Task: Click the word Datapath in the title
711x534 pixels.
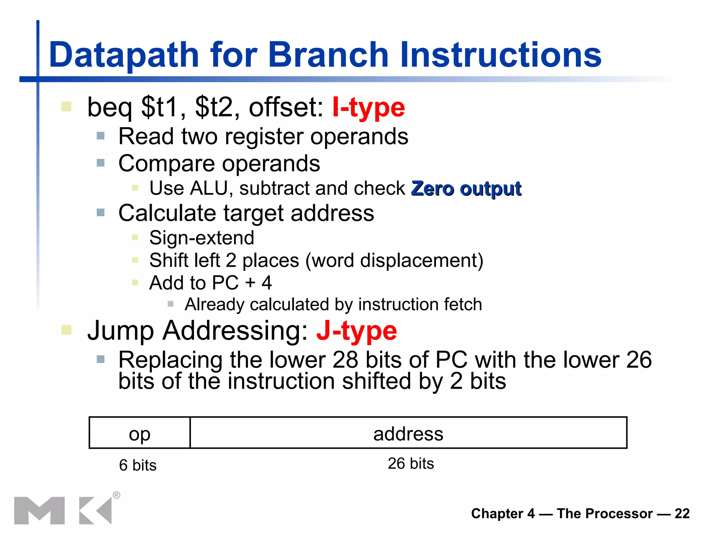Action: click(x=124, y=55)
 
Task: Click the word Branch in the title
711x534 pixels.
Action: click(x=328, y=55)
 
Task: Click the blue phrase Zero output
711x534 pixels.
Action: click(x=466, y=189)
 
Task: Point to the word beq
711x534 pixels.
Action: click(x=109, y=108)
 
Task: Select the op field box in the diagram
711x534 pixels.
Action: click(x=140, y=433)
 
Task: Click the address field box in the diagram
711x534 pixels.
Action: click(x=408, y=433)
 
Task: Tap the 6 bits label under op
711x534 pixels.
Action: click(x=138, y=465)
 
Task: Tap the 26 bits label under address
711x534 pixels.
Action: click(x=411, y=463)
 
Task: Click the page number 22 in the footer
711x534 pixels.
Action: click(x=682, y=513)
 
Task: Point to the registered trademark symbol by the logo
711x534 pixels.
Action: click(x=117, y=495)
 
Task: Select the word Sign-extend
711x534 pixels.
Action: click(x=202, y=238)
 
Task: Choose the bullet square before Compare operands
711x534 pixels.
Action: click(x=101, y=163)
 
